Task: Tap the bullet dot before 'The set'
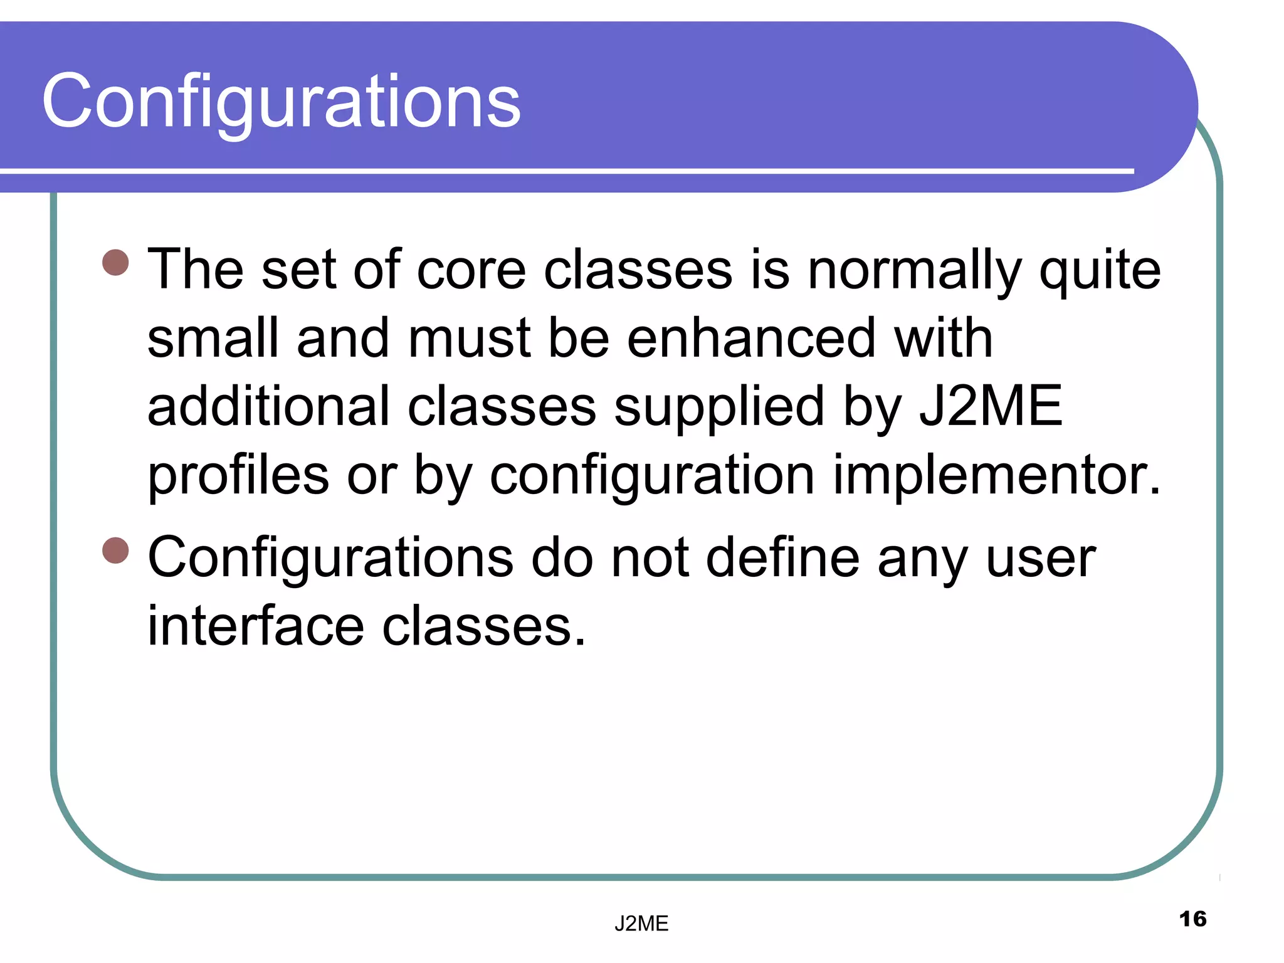tap(115, 263)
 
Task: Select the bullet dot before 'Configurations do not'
tap(115, 550)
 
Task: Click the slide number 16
tap(1192, 919)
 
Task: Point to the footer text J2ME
tap(641, 924)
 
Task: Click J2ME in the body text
tap(991, 406)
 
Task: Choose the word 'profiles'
tap(238, 475)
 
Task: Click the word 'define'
tap(783, 558)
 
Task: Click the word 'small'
tap(213, 339)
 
